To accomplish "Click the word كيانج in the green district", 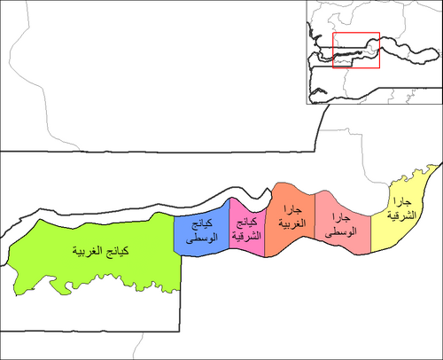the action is (x=117, y=252).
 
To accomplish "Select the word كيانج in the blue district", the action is (x=202, y=224).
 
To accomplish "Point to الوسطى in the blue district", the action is (x=202, y=238).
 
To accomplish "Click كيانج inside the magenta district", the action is (x=246, y=223).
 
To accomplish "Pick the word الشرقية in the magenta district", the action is (x=246, y=236).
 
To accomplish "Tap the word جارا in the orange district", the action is (x=292, y=210).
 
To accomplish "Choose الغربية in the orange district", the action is (x=292, y=223).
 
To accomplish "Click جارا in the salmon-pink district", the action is (x=341, y=218).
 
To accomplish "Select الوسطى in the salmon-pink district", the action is (x=340, y=231).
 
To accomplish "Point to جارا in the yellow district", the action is (x=402, y=202).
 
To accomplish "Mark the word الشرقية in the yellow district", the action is (x=402, y=215).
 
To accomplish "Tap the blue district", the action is (x=202, y=232).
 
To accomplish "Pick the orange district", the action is (x=291, y=222).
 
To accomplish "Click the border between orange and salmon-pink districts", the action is (x=315, y=216).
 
